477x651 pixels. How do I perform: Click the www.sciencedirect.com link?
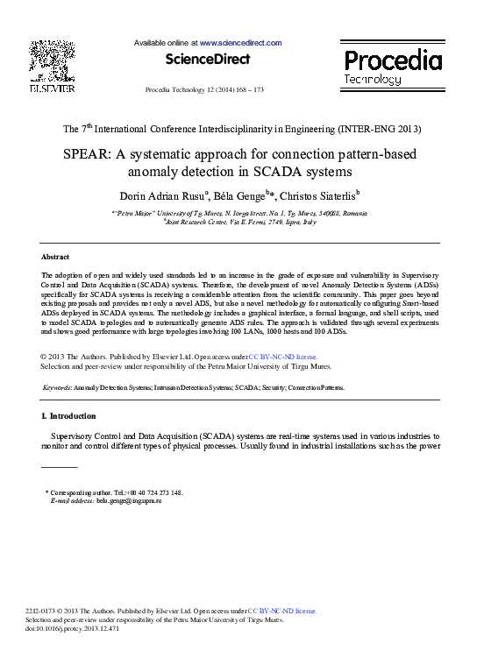[x=240, y=43]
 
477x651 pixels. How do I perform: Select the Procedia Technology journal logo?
[x=392, y=67]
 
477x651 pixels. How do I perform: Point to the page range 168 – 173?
[x=247, y=91]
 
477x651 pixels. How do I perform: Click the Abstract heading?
[x=55, y=257]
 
